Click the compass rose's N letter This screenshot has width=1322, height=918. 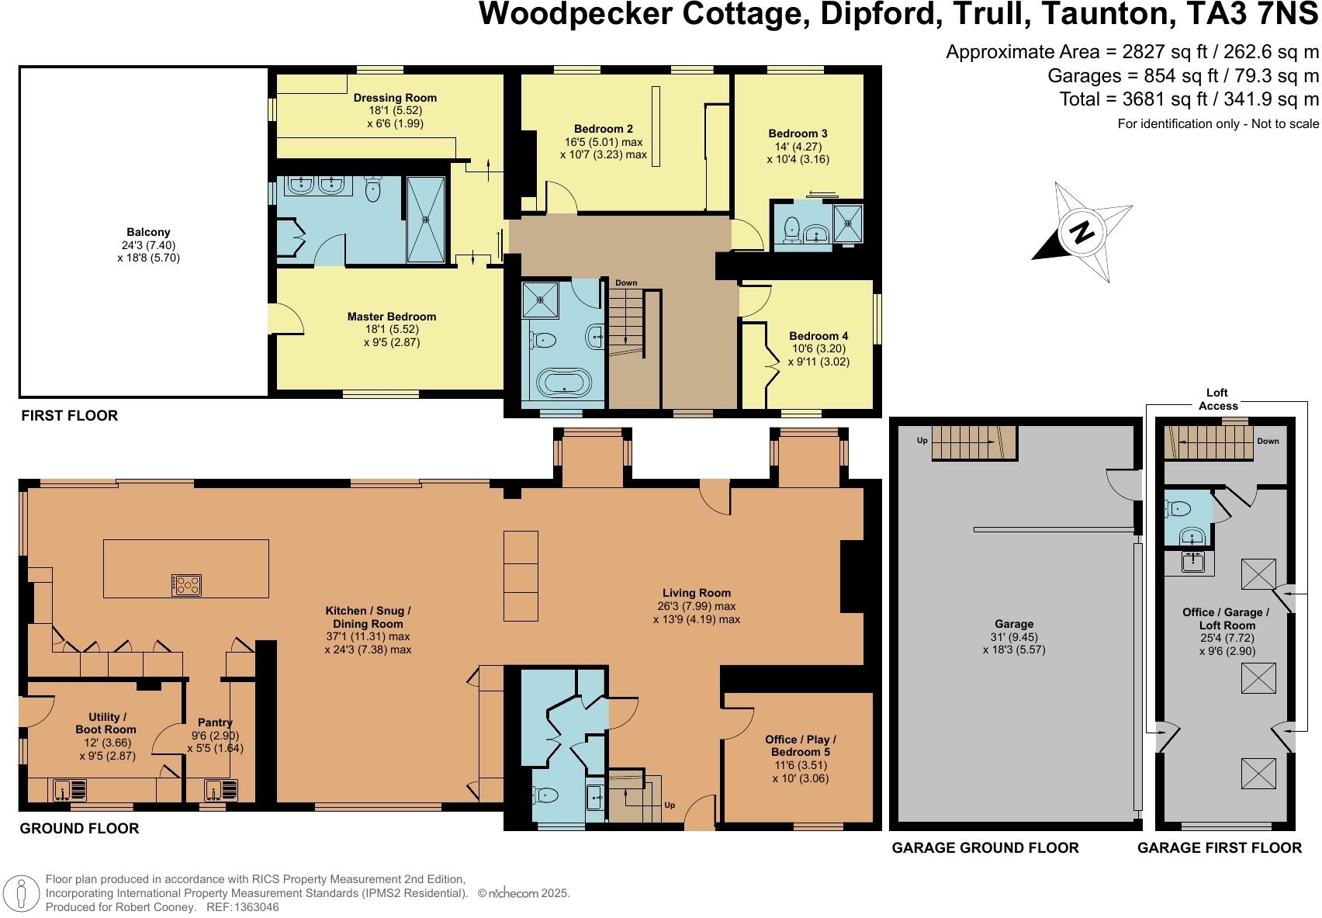pyautogui.click(x=1081, y=231)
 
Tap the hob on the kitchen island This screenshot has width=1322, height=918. pyautogui.click(x=186, y=584)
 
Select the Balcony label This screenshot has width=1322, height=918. pyautogui.click(x=148, y=232)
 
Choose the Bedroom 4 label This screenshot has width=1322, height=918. pyautogui.click(x=818, y=336)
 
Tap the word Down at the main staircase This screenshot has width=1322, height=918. pyautogui.click(x=626, y=283)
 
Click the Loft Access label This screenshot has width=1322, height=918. pyautogui.click(x=1217, y=399)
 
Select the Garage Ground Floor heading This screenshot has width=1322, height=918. pyautogui.click(x=985, y=847)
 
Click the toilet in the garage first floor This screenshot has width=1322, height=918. pyautogui.click(x=1178, y=509)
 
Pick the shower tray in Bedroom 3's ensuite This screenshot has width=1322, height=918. pyautogui.click(x=848, y=222)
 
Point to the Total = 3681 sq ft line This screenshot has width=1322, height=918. pyautogui.click(x=1189, y=99)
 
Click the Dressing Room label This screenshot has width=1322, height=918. pyautogui.click(x=395, y=98)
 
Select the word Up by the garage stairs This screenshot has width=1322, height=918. pyautogui.click(x=922, y=441)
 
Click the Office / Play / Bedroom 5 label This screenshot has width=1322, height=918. pyautogui.click(x=800, y=746)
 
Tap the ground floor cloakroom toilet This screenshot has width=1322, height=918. pyautogui.click(x=545, y=795)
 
